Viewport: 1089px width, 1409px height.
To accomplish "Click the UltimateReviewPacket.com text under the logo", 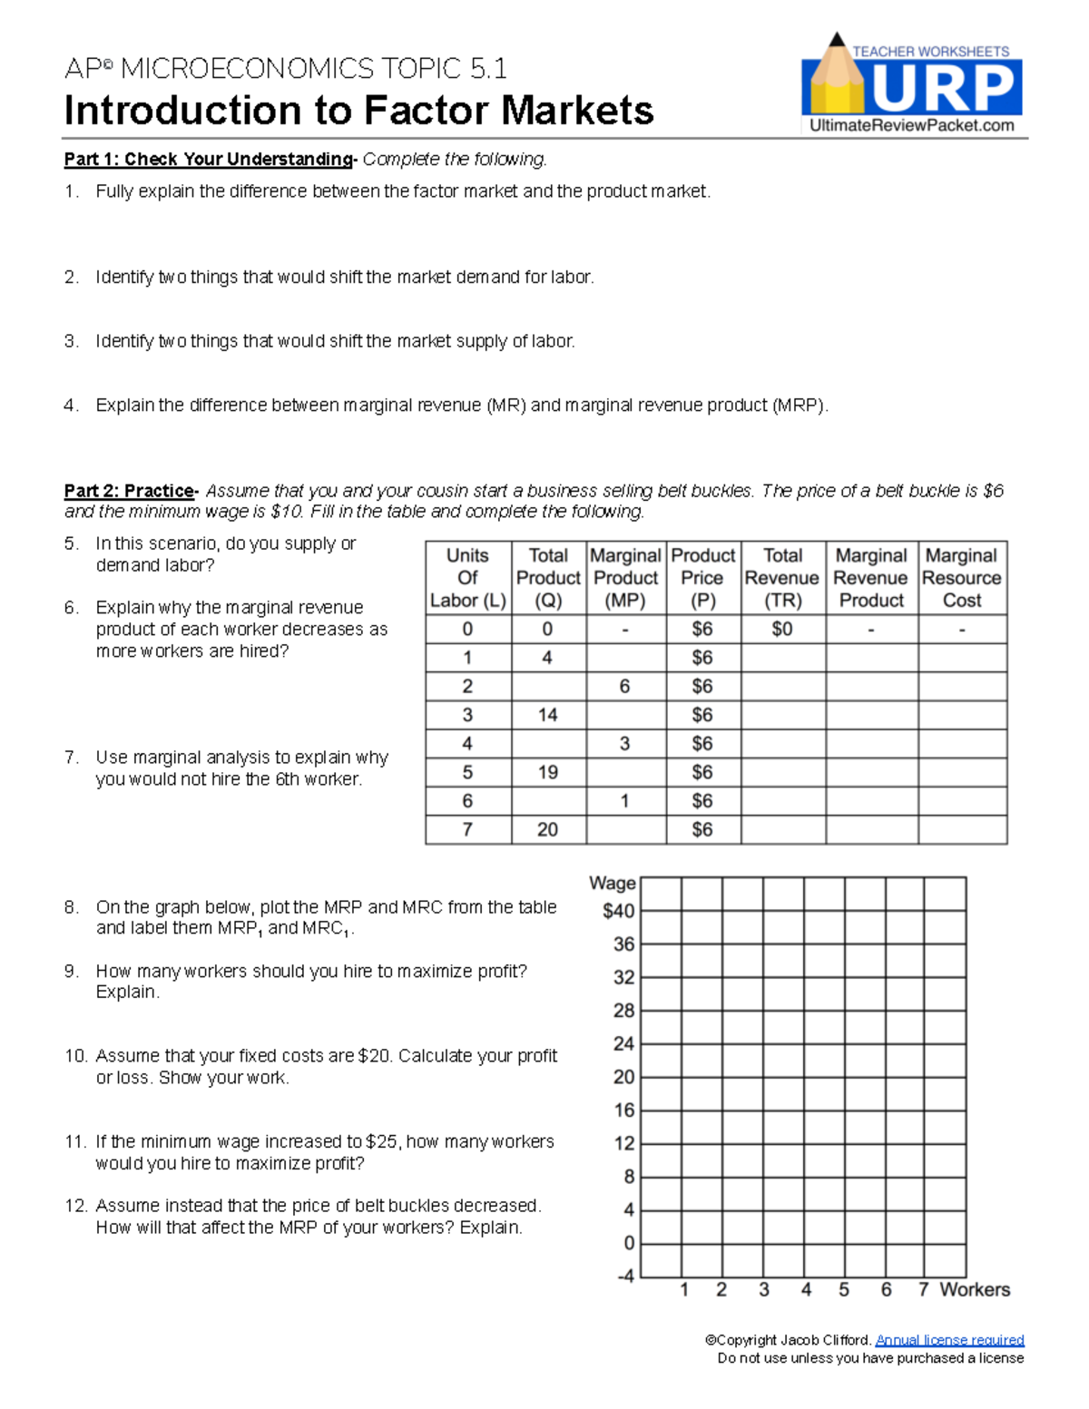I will pyautogui.click(x=911, y=126).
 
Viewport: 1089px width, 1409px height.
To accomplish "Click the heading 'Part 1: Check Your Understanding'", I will pyautogui.click(x=208, y=160).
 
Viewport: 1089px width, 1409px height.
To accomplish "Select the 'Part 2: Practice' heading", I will pyautogui.click(x=129, y=491).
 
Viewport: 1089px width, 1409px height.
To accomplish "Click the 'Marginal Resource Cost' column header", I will pyautogui.click(x=962, y=578).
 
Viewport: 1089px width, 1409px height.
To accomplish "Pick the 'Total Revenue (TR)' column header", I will pyautogui.click(x=782, y=578).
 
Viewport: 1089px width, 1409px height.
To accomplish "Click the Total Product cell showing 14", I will pyautogui.click(x=547, y=715).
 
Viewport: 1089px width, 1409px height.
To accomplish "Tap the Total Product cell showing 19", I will pyautogui.click(x=547, y=772).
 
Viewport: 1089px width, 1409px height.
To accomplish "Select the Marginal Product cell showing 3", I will pyautogui.click(x=624, y=744).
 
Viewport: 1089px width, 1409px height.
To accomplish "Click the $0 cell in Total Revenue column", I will pyautogui.click(x=781, y=629).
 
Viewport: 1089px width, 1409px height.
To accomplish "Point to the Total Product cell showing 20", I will pyautogui.click(x=547, y=829).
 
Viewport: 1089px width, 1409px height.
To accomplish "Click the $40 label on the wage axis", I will pyautogui.click(x=619, y=911).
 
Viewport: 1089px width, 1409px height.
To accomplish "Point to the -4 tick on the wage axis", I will pyautogui.click(x=625, y=1277).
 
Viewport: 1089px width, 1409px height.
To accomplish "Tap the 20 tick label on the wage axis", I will pyautogui.click(x=623, y=1077).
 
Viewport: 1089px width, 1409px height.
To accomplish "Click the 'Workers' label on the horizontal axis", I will pyautogui.click(x=975, y=1290).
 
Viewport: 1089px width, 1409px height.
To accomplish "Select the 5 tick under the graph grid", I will pyautogui.click(x=844, y=1290).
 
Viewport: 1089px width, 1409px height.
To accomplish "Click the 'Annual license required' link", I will pyautogui.click(x=949, y=1340).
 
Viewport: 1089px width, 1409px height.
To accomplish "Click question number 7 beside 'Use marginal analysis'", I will pyautogui.click(x=72, y=758).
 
